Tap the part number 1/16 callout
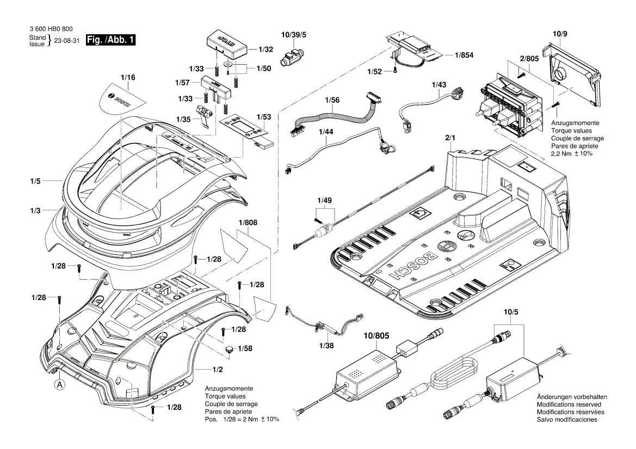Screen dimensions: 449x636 pyautogui.click(x=128, y=78)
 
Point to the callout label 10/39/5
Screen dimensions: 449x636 pyautogui.click(x=294, y=34)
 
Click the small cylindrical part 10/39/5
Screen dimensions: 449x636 pyautogui.click(x=292, y=57)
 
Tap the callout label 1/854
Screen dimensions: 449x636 pyautogui.click(x=464, y=55)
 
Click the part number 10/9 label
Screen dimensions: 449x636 pyautogui.click(x=560, y=34)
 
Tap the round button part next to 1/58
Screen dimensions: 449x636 pyautogui.click(x=230, y=349)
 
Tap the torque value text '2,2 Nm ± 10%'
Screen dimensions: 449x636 pyautogui.click(x=572, y=154)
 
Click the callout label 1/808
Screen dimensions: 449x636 pyautogui.click(x=246, y=222)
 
